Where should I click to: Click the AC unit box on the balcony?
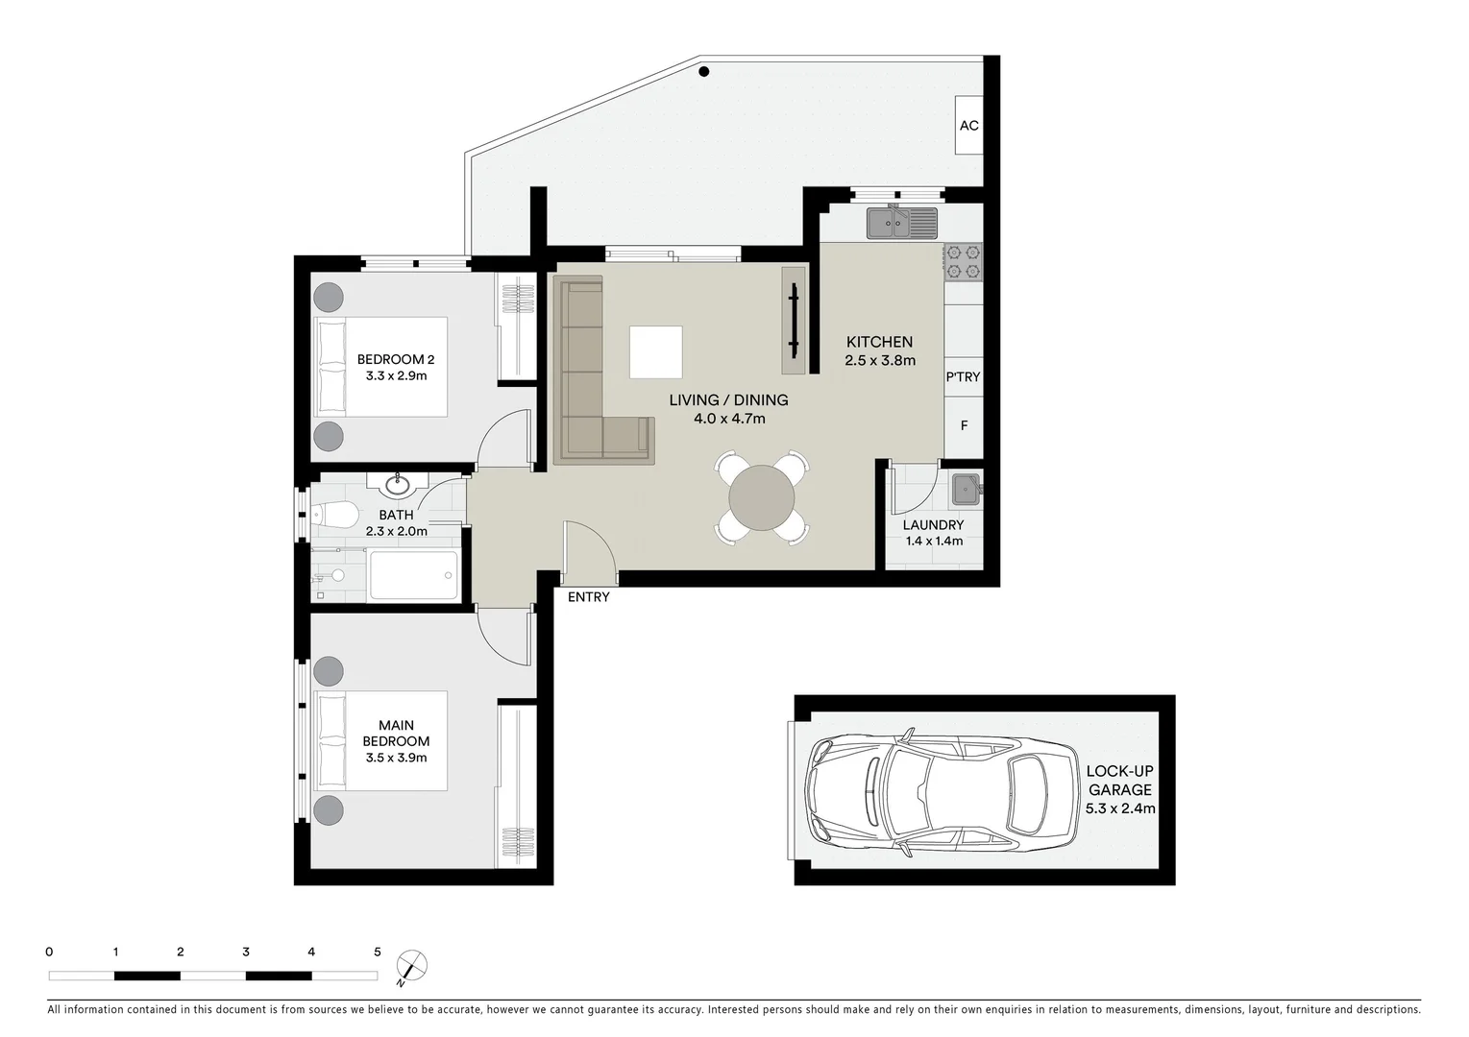tap(968, 125)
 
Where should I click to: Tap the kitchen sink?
tap(901, 224)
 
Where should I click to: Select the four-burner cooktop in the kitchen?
tap(963, 262)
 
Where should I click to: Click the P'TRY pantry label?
tap(963, 377)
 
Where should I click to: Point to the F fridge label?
tap(964, 425)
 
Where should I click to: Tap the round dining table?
tap(762, 498)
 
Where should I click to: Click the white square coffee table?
tap(656, 352)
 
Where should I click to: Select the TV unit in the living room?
tap(795, 320)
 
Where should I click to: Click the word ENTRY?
tap(588, 597)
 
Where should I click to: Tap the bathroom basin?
tap(397, 485)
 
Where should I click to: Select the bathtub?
tap(413, 575)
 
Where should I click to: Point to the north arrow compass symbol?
tap(412, 965)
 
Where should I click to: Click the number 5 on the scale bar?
tap(377, 953)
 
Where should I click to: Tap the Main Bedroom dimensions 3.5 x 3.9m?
tap(396, 758)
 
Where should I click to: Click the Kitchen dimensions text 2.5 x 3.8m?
tap(879, 361)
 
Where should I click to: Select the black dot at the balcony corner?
tap(704, 71)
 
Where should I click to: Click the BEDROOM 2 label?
tap(396, 359)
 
